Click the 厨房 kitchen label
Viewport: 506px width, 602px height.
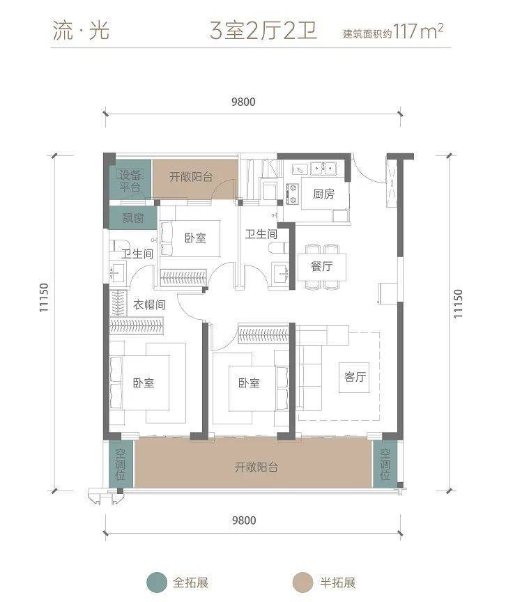323,194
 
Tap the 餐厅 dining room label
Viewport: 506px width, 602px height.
321,266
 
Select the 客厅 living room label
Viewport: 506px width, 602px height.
355,377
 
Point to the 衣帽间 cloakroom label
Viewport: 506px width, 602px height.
149,305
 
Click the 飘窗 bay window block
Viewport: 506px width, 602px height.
133,218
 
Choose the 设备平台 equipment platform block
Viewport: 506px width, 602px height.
130,180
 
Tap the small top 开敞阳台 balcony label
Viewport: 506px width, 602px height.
191,177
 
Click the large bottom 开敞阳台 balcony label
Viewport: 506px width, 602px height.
256,468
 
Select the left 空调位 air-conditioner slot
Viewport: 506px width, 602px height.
120,464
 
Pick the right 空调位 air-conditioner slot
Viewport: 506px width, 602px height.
385,464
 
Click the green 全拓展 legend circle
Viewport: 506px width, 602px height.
157,582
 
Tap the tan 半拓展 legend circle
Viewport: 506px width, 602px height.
302,582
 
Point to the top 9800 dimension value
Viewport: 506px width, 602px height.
243,102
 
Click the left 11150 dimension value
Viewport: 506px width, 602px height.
44,298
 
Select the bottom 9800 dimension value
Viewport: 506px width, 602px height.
244,520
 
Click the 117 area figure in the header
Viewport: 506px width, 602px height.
404,31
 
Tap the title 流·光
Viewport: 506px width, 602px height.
81,31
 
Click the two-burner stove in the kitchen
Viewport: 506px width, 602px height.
292,194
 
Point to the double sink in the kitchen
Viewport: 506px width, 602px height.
323,168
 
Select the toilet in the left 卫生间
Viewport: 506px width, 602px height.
117,245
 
